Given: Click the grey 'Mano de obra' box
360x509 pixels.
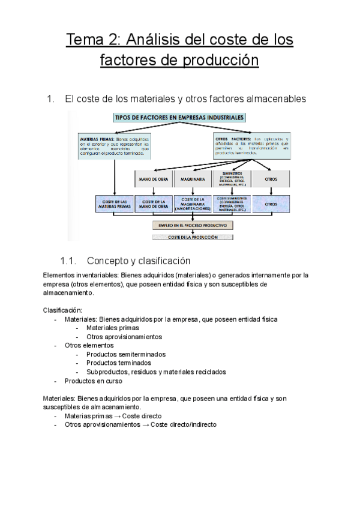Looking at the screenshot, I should (154, 179).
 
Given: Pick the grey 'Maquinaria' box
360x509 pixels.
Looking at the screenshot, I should (193, 179).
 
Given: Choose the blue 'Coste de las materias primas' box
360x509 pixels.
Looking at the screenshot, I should (115, 203).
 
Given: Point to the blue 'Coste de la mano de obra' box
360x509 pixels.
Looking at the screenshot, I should (154, 203).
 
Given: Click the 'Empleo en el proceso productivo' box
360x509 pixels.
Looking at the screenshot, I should (193, 226).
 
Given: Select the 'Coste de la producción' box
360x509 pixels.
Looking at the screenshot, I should (193, 237).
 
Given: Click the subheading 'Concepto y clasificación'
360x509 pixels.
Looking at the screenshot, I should (139, 261).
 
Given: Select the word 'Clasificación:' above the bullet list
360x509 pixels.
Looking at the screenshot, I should (63, 310).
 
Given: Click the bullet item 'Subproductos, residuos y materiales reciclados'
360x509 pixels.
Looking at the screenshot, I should (156, 372).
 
